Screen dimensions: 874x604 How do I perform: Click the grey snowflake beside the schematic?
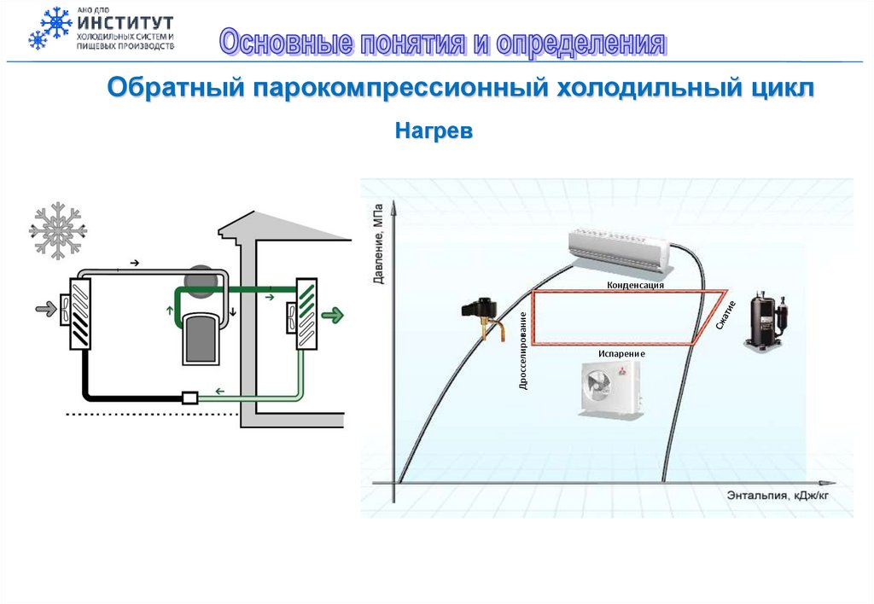pyautogui.click(x=58, y=230)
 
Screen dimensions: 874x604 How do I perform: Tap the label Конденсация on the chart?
pyautogui.click(x=635, y=285)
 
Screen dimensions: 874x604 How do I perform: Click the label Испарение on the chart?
pyautogui.click(x=621, y=352)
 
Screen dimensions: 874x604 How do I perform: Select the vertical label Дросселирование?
pyautogui.click(x=523, y=351)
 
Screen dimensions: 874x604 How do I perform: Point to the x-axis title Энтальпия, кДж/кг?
pyautogui.click(x=778, y=495)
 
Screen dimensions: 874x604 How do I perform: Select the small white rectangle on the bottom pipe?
pyautogui.click(x=189, y=397)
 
